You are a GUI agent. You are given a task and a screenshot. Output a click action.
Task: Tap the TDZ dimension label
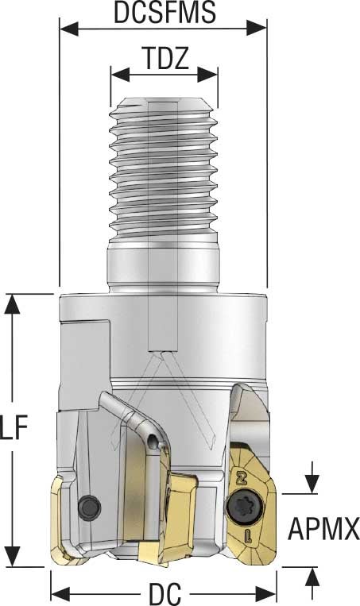(165, 60)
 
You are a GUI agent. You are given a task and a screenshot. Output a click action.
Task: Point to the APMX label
(324, 526)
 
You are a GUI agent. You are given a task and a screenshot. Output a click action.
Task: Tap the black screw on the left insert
(89, 505)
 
